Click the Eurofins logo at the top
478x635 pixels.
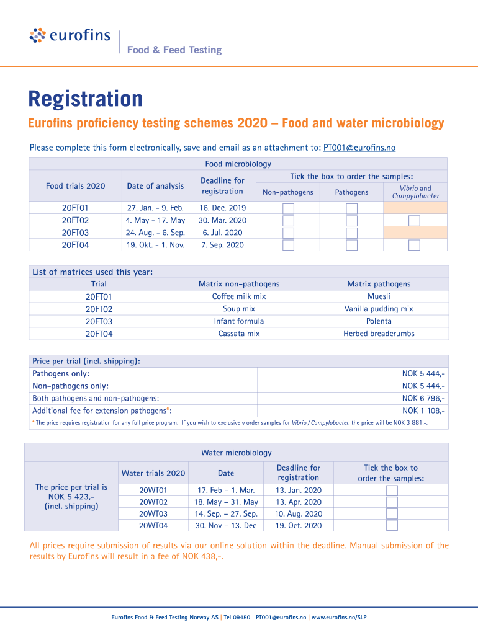tap(70, 35)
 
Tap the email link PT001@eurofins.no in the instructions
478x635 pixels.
tap(359, 148)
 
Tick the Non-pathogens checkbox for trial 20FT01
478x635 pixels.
tap(288, 208)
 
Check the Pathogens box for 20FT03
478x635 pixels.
tap(351, 233)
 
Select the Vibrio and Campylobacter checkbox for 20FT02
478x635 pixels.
tap(414, 221)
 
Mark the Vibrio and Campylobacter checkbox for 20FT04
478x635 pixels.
tap(414, 245)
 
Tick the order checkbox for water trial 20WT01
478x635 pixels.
tap(392, 491)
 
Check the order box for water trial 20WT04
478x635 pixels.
tap(392, 526)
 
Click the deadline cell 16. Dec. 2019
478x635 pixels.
tap(222, 208)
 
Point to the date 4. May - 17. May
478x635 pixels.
tap(155, 221)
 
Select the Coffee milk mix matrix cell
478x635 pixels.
tap(239, 296)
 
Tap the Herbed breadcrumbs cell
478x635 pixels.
tap(379, 334)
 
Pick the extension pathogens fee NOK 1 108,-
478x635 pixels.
tap(423, 411)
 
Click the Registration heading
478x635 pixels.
tap(85, 99)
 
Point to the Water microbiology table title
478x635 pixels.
tap(236, 453)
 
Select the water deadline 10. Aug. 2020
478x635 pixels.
tap(299, 514)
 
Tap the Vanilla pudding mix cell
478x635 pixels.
tap(379, 309)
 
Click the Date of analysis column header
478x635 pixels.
tap(155, 186)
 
